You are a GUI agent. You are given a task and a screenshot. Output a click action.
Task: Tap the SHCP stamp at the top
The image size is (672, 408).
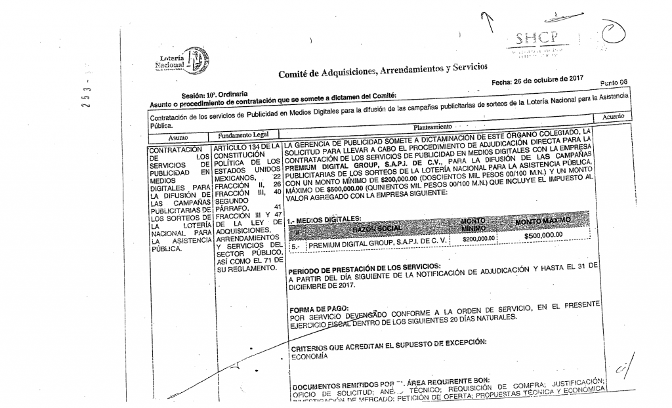[x=532, y=38]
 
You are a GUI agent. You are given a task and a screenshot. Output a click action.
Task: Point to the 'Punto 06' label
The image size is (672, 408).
[x=614, y=83]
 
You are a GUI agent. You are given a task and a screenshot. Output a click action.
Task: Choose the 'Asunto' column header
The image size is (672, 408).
[x=177, y=138]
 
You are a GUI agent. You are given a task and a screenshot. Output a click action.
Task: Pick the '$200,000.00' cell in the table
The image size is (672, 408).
[x=477, y=240]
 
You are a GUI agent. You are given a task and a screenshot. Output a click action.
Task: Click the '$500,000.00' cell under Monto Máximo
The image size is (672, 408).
[x=544, y=235]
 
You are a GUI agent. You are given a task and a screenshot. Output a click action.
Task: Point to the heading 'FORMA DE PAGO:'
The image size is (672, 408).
[x=316, y=308]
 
